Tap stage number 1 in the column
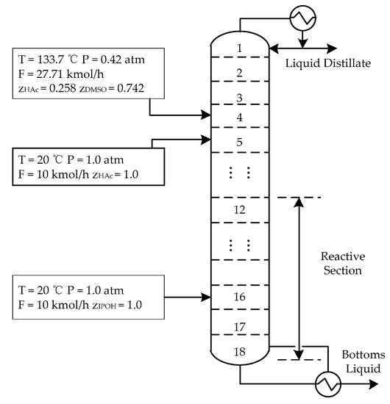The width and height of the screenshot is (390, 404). (x=240, y=48)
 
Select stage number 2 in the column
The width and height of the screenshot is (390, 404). (x=240, y=72)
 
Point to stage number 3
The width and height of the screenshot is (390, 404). (x=240, y=98)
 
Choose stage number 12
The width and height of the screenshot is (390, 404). (x=240, y=210)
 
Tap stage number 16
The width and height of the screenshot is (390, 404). (x=240, y=297)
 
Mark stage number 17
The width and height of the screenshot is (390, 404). (x=240, y=325)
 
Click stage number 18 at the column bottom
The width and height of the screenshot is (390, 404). (x=240, y=351)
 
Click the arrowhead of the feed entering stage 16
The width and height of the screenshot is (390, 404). (x=208, y=297)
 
